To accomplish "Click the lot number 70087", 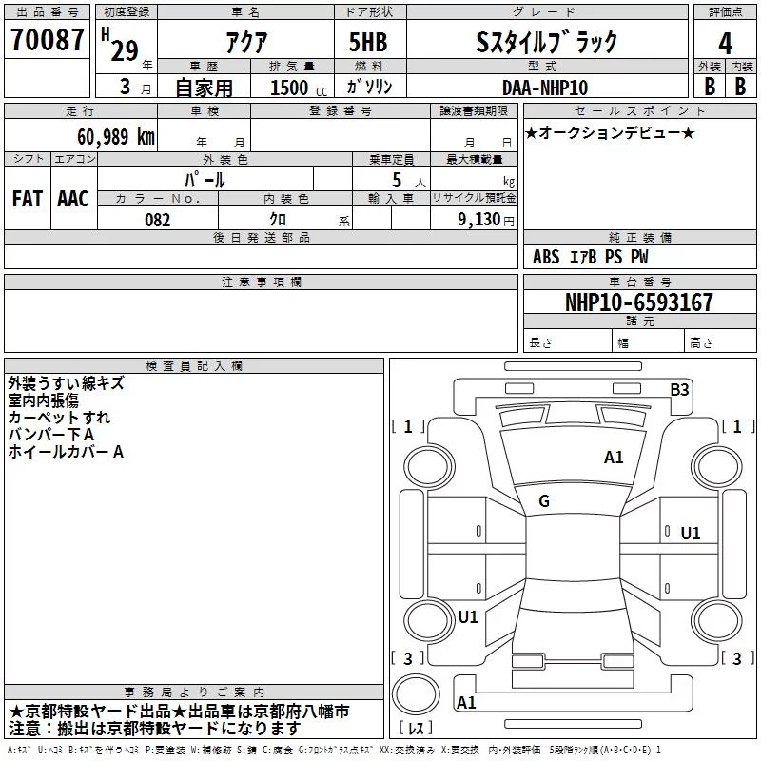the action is coord(47,39).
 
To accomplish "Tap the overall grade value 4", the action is coord(725,43).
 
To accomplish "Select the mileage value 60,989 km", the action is coord(116,137).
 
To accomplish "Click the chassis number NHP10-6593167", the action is coord(639,302).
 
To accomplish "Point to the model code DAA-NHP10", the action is coord(545,88).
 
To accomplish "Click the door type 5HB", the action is coord(368,42).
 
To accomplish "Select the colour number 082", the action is coord(158,220).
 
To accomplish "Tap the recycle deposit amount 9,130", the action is coord(479,219).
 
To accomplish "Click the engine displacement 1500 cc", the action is coord(299,88).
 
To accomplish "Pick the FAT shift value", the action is coord(28,199).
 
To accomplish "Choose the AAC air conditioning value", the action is coord(73,199).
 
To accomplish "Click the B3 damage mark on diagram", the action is coord(679,390).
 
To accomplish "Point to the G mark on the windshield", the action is coord(544,501).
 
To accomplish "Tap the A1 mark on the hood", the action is coord(614,458).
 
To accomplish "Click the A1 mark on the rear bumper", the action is coord(466,702).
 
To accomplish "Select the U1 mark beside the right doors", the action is coord(691,534).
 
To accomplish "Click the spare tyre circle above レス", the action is coord(416,695).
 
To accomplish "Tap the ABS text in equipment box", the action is coord(546,257).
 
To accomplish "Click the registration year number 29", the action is coord(125,50).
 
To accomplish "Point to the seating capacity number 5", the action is coord(397,180).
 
